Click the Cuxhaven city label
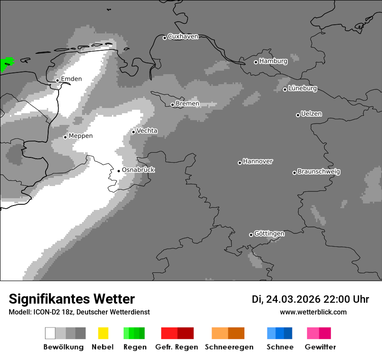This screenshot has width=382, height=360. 183,37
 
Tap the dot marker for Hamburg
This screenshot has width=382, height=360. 256,62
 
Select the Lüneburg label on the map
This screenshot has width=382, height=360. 303,88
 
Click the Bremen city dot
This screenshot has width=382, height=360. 172,105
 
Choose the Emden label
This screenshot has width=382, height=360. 71,79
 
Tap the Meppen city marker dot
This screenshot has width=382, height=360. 65,137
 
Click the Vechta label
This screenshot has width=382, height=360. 147,131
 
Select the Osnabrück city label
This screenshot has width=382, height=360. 138,170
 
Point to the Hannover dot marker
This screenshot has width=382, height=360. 240,163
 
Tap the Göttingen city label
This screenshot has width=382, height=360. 269,234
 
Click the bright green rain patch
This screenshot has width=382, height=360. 6,64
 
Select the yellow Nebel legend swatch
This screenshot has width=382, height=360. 103,333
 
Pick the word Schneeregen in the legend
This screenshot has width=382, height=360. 229,347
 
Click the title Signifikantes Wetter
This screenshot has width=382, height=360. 72,299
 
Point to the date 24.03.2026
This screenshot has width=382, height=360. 293,299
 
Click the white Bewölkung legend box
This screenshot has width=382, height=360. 50,333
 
